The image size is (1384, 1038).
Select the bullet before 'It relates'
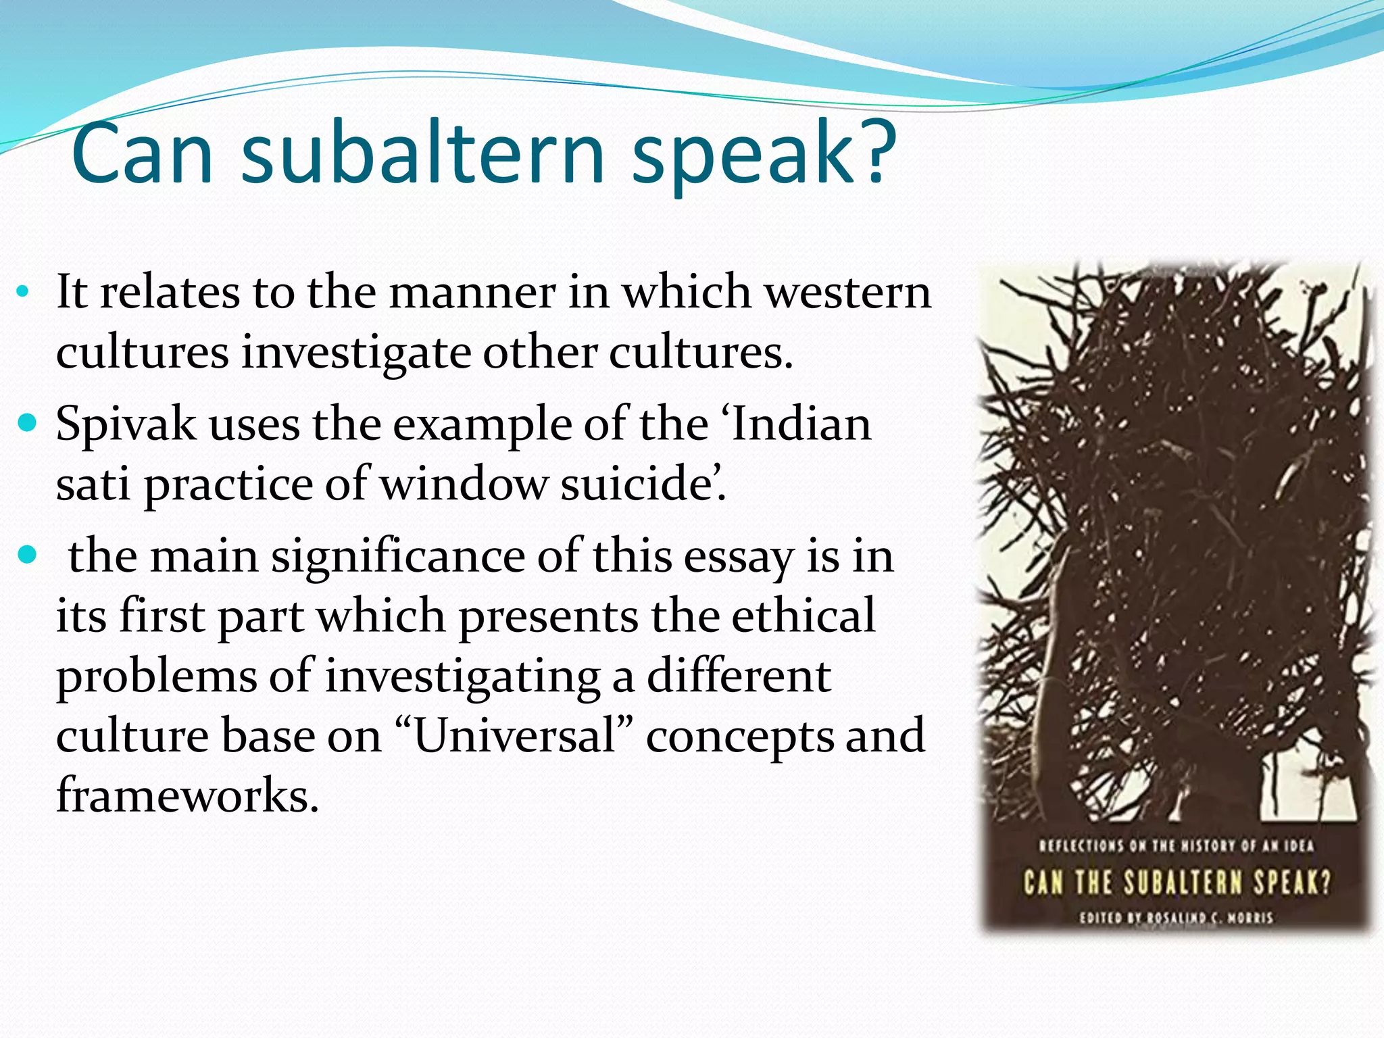23,293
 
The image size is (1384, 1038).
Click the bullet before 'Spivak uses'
26,424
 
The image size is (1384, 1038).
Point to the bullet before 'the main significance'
26,555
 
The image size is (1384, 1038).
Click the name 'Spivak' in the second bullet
126,426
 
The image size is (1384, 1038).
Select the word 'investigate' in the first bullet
356,353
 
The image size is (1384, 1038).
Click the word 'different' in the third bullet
739,676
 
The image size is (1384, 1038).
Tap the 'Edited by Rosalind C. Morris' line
1176,918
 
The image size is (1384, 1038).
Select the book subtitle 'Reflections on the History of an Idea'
1176,845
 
